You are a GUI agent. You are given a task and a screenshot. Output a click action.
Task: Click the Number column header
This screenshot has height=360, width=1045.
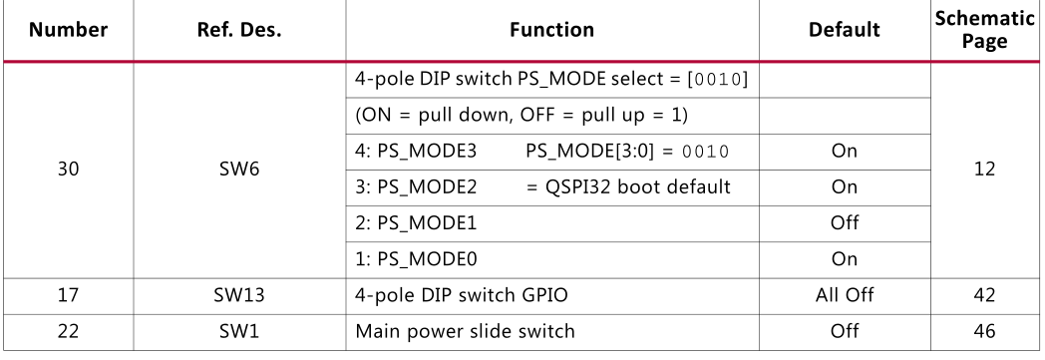click(68, 30)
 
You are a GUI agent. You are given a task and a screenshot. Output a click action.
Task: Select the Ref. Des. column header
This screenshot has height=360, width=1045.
click(239, 30)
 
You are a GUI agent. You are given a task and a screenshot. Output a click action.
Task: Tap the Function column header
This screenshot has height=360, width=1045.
click(551, 30)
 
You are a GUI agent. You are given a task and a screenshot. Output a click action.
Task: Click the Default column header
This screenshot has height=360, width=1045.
click(844, 30)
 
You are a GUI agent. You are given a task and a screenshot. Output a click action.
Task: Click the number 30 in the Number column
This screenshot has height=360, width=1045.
click(68, 169)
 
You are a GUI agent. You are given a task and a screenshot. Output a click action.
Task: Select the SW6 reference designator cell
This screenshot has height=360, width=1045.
click(239, 169)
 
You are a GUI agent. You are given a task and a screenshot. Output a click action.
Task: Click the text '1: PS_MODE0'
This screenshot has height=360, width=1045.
click(416, 259)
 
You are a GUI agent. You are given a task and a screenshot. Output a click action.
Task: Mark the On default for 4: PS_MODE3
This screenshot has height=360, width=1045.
click(844, 152)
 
